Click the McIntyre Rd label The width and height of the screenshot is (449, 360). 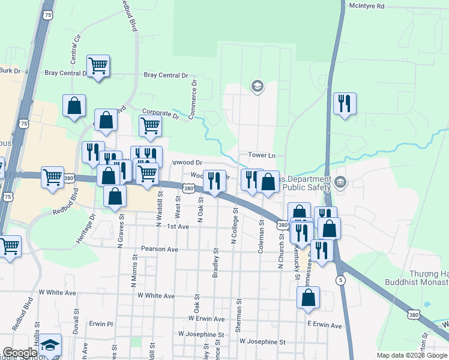[367, 5]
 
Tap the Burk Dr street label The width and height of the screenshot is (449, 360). [10, 70]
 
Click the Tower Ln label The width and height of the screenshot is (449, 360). [262, 155]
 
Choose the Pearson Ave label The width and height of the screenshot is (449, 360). [160, 248]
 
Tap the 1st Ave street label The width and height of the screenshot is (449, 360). [178, 227]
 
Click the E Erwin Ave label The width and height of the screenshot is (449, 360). [324, 325]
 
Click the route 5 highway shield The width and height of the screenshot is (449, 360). [341, 280]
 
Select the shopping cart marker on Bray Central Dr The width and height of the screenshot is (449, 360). [98, 66]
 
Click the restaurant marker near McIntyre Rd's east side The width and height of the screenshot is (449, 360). [344, 103]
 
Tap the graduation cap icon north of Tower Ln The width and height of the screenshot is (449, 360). [257, 86]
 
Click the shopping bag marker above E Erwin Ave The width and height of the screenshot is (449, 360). [308, 297]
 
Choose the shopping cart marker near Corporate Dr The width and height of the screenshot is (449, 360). [149, 126]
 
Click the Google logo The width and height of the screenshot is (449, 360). [20, 353]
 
